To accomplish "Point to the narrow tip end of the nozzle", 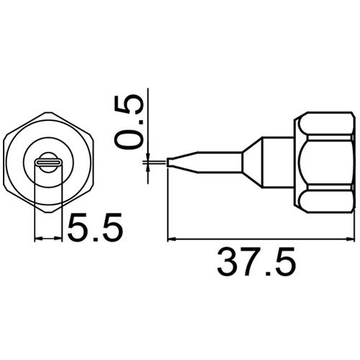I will click(170, 163).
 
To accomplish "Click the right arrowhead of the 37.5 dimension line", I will click(352, 239).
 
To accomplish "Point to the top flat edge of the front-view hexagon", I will click(49, 114).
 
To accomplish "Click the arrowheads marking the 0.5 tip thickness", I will click(147, 163).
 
